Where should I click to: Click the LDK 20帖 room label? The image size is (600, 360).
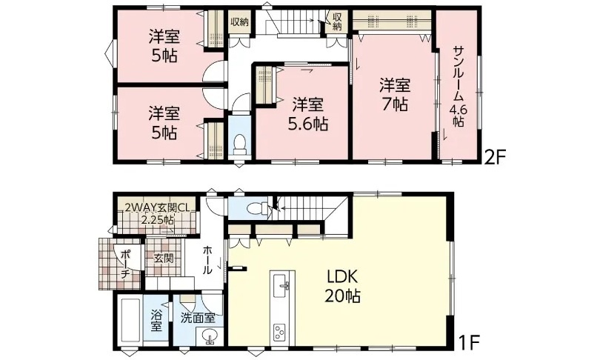[x=342, y=285]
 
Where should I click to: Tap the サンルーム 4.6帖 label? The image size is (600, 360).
[x=458, y=87]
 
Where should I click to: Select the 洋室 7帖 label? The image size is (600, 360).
[x=395, y=95]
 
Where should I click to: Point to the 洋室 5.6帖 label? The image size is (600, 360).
[x=308, y=114]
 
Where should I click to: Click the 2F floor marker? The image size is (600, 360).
[x=495, y=158]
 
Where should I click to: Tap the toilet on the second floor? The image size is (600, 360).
[x=240, y=145]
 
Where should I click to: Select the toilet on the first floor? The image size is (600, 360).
[x=258, y=208]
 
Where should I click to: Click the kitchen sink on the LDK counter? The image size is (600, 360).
[x=283, y=284]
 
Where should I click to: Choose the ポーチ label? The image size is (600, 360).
[x=126, y=264]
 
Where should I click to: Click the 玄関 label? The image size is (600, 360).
[x=164, y=259]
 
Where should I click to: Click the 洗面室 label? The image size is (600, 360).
[x=198, y=318]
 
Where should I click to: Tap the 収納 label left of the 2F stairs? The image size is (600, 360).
[x=239, y=21]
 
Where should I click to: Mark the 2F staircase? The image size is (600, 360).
[x=296, y=22]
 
